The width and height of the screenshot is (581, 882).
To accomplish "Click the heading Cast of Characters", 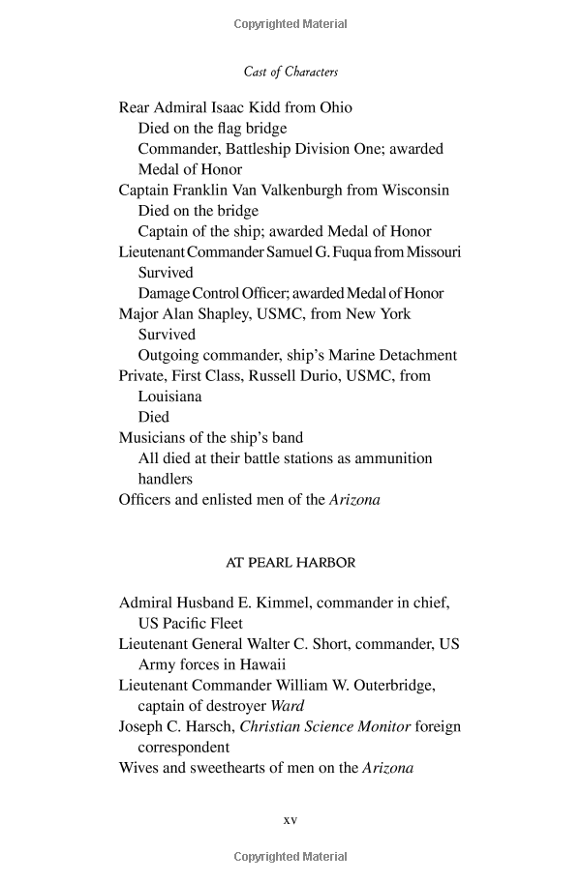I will [x=290, y=72].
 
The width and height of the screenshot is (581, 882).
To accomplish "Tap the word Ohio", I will [x=333, y=107].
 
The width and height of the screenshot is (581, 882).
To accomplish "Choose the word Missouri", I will [x=433, y=251].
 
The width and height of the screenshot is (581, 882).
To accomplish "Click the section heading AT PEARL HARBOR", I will [x=290, y=562].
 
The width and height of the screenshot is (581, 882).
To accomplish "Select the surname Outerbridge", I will [x=386, y=685].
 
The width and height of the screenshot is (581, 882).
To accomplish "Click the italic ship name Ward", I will [x=287, y=706].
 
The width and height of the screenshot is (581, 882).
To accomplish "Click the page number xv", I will [x=290, y=820].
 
